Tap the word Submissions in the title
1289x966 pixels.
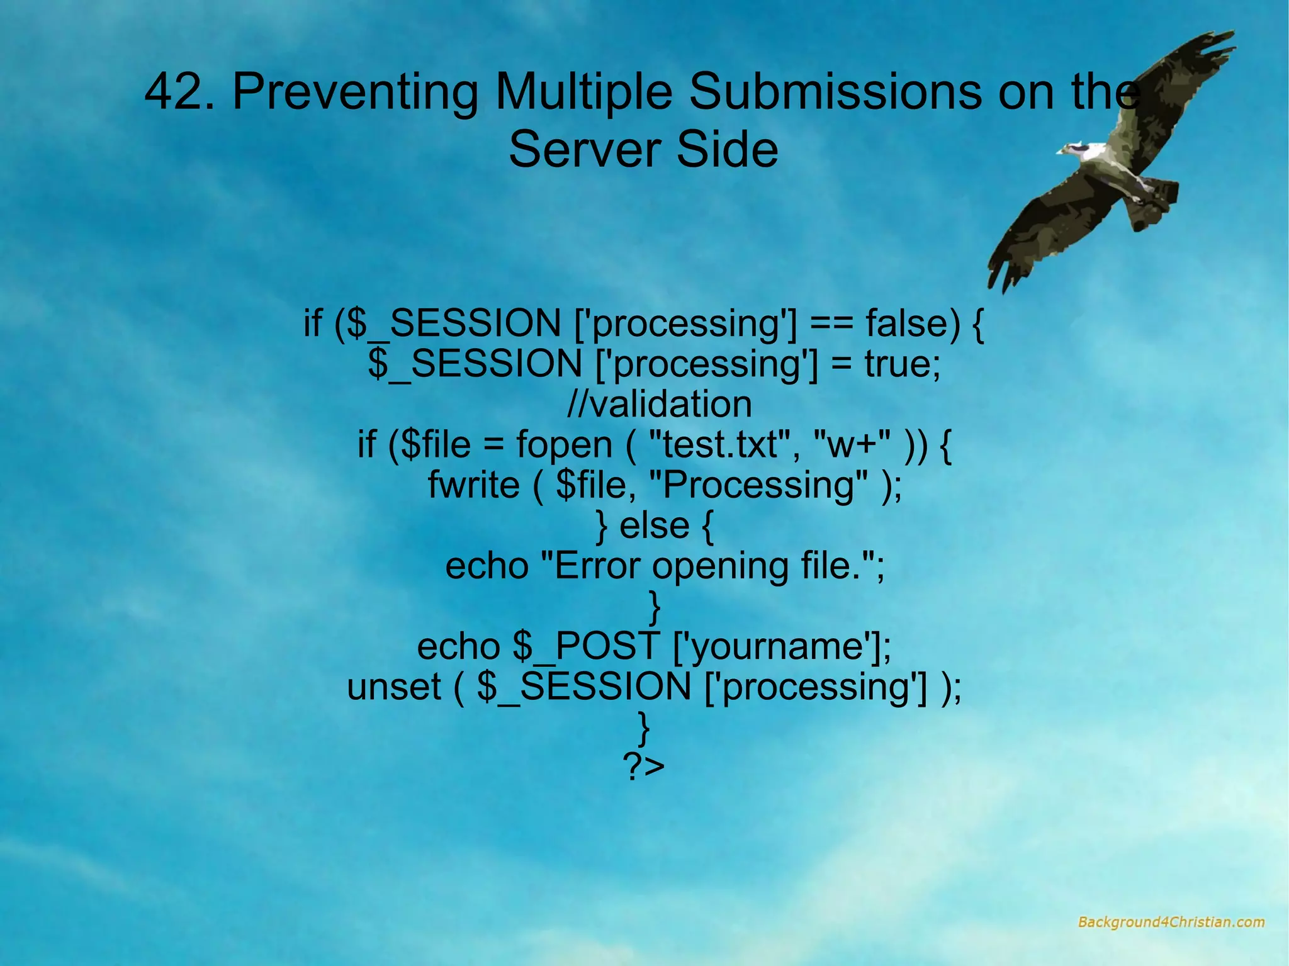coord(835,92)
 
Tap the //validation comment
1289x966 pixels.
coord(659,404)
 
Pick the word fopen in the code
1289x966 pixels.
coord(564,444)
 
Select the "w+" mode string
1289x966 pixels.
coord(852,444)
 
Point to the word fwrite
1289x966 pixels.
coord(473,485)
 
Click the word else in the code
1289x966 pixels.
coord(655,525)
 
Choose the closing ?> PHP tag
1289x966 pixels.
coord(643,767)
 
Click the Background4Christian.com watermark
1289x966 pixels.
coord(1171,922)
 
